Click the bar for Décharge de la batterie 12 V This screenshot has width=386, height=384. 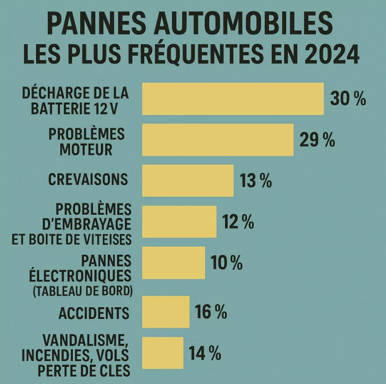233,99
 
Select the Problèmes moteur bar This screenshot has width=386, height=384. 218,139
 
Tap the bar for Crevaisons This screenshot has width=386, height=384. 188,180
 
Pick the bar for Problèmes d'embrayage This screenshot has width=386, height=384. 179,221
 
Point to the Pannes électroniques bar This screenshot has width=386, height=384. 174,262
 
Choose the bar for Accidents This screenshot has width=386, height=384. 166,312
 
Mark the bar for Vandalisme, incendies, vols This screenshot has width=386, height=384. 163,353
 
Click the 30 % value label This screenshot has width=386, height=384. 348,99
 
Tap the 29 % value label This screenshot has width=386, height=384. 317,140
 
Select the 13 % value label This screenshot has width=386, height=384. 256,181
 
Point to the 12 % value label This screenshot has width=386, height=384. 238,221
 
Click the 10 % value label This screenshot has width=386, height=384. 227,262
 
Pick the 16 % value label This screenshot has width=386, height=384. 211,312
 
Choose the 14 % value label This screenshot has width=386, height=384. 205,353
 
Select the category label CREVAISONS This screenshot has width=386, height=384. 88,180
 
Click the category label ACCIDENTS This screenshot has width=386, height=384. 94,313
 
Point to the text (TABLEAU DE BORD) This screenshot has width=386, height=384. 82,291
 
